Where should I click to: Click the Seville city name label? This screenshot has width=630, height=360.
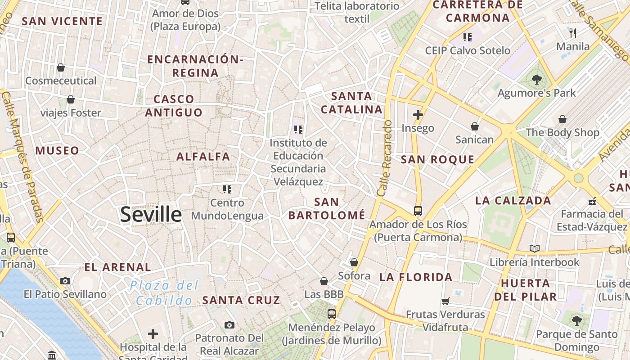tap(151, 215)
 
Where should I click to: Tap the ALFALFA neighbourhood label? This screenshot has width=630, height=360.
tap(203, 157)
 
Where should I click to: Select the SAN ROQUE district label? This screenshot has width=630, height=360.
tap(437, 159)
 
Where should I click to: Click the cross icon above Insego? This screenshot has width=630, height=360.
tap(418, 115)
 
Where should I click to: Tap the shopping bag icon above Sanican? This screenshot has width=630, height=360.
tap(475, 126)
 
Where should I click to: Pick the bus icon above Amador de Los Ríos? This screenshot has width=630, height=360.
tap(418, 211)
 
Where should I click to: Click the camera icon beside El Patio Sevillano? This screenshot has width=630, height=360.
tap(65, 281)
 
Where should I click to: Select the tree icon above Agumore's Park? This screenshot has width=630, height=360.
tap(536, 80)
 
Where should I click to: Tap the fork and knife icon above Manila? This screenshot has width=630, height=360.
tap(573, 33)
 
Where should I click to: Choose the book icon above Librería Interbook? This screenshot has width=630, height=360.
tap(535, 248)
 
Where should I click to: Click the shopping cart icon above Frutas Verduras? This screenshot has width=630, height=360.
tap(445, 301)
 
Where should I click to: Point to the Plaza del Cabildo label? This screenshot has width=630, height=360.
tap(164, 293)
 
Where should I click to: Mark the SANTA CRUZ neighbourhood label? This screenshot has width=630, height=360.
tap(241, 300)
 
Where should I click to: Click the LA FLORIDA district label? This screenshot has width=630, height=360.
tap(416, 277)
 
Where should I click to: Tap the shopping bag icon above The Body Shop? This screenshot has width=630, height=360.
tap(562, 119)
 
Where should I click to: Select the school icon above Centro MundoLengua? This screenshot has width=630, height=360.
tap(227, 189)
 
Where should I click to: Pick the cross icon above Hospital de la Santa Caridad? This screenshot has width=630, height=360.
tap(153, 334)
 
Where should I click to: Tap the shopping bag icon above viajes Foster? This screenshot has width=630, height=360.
tap(71, 99)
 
